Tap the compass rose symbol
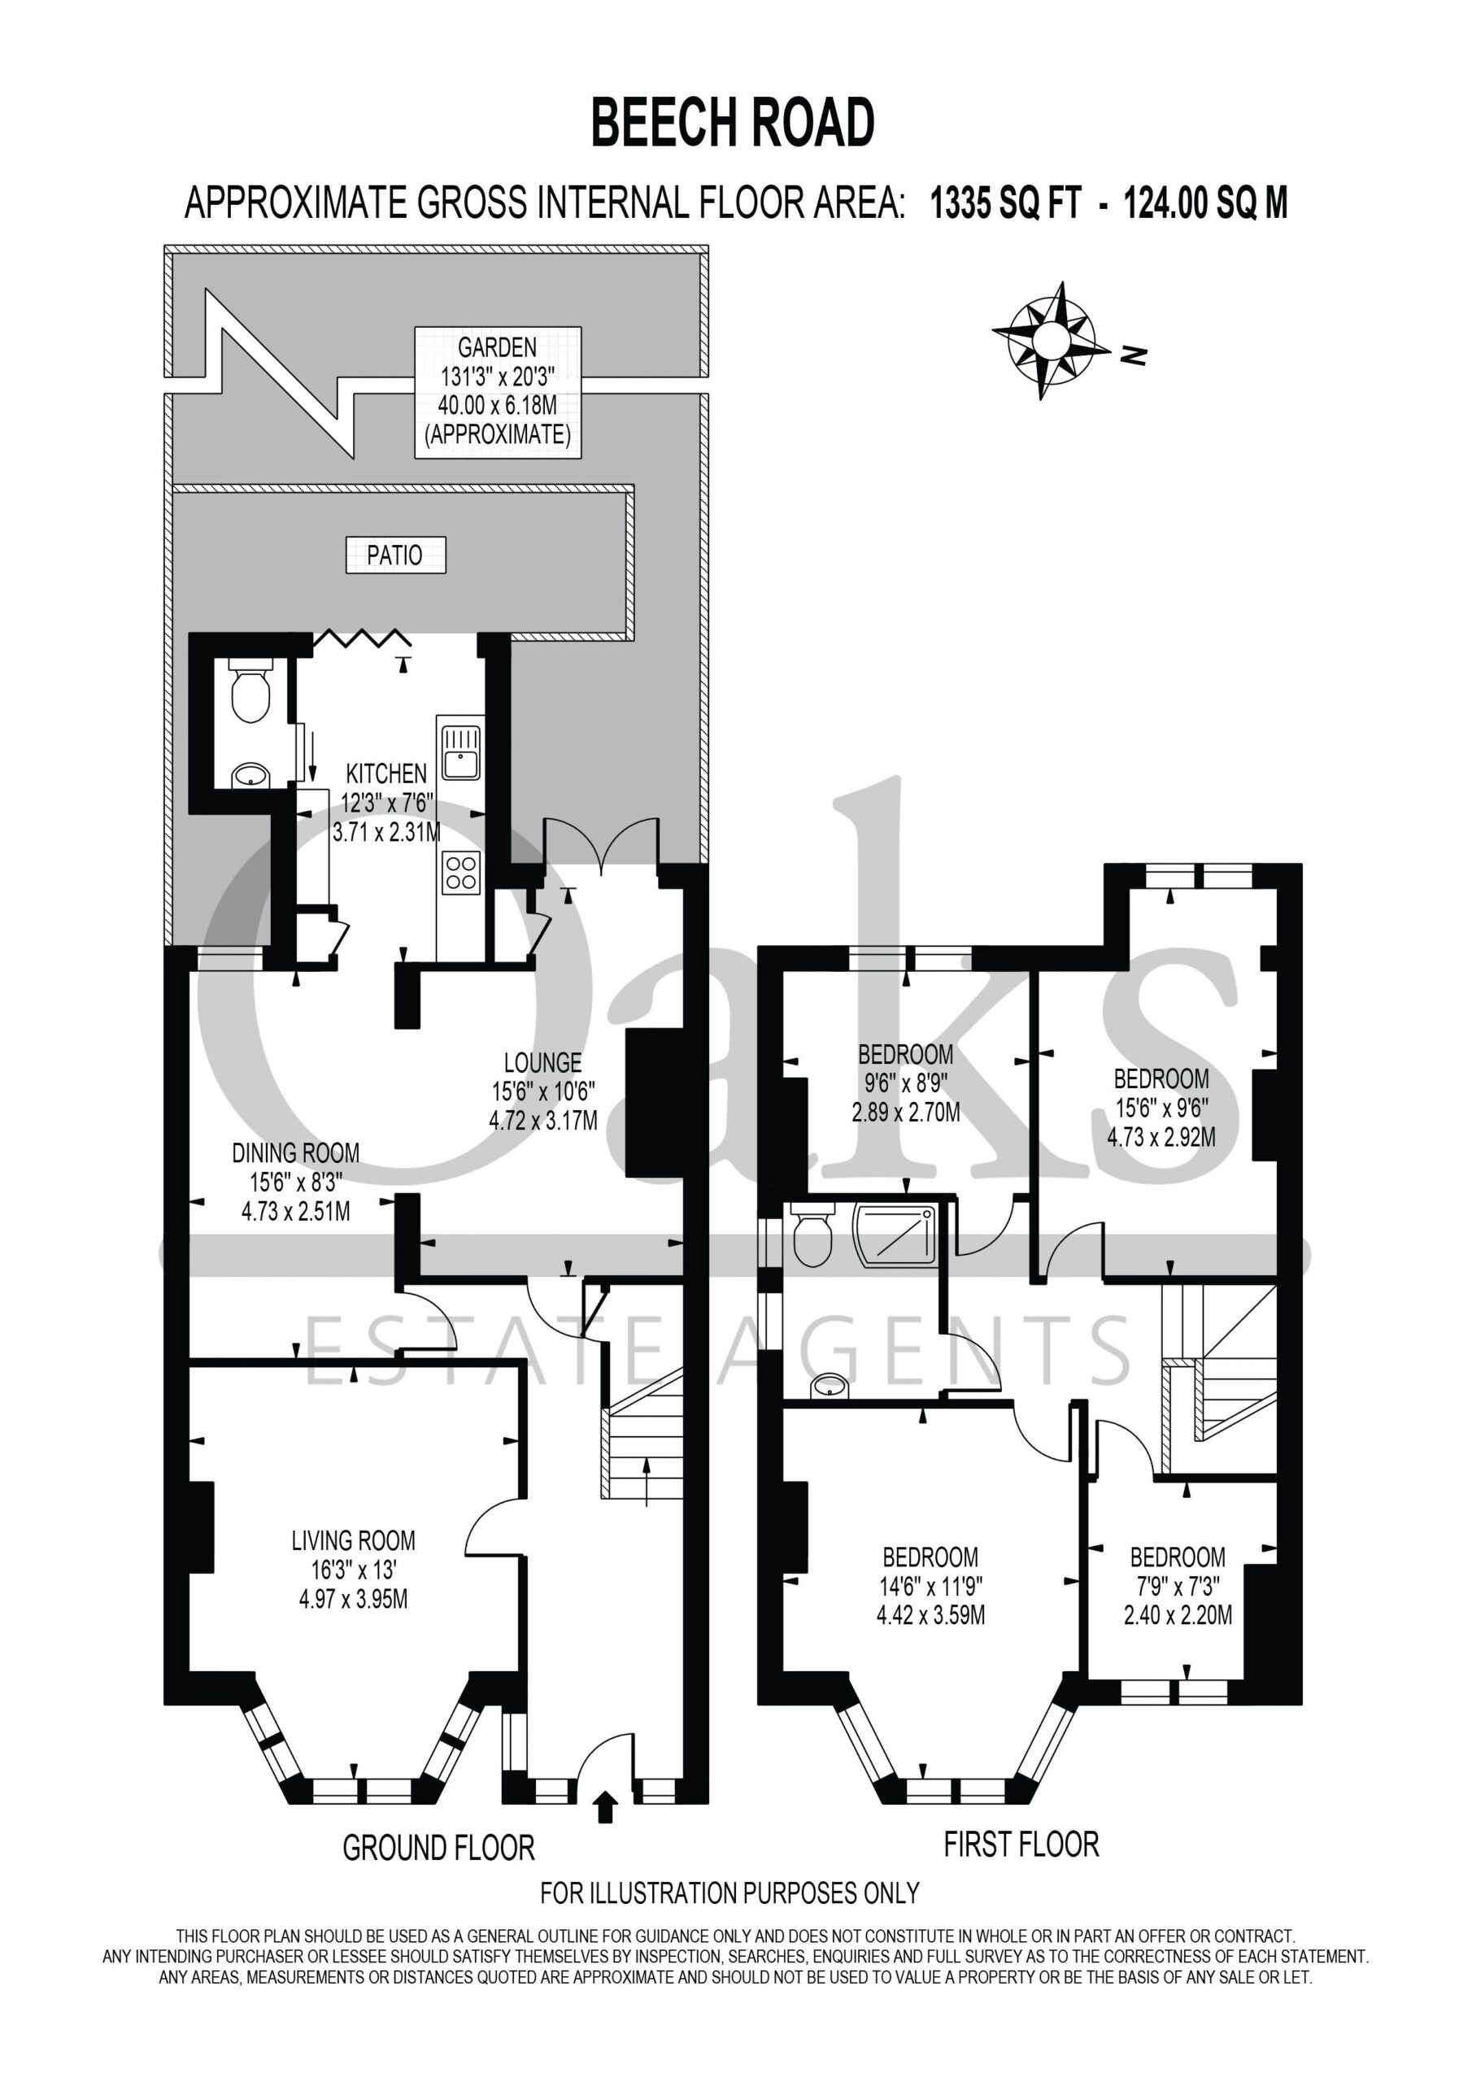pos(1052,341)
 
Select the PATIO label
pos(395,555)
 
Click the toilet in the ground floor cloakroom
pos(250,690)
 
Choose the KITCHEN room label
pos(386,773)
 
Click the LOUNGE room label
pos(542,1062)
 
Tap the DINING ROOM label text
pos(296,1152)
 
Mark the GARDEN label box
pos(498,392)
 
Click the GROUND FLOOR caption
pos(438,1848)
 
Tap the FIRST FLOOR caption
pos(1021,1845)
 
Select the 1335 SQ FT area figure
pos(1006,203)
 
